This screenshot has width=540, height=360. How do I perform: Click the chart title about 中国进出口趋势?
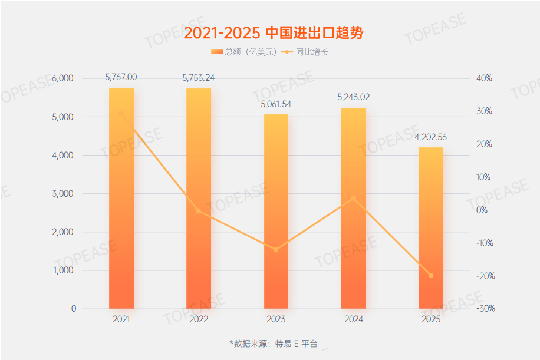click(x=273, y=33)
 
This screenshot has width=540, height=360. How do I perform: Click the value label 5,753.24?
click(x=198, y=77)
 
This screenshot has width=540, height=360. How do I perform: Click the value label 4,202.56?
click(x=430, y=137)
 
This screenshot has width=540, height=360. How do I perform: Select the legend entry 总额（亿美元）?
click(x=243, y=52)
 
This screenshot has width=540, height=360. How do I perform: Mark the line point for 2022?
click(x=198, y=211)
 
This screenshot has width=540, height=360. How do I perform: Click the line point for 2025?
click(x=430, y=275)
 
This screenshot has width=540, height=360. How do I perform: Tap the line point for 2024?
click(x=353, y=199)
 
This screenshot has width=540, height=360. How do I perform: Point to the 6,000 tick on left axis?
click(x=62, y=78)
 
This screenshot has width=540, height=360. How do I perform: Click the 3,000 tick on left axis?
click(x=62, y=194)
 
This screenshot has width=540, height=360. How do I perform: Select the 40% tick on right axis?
click(x=484, y=78)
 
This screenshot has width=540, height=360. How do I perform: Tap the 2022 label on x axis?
click(x=198, y=319)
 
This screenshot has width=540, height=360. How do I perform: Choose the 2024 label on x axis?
click(x=353, y=319)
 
